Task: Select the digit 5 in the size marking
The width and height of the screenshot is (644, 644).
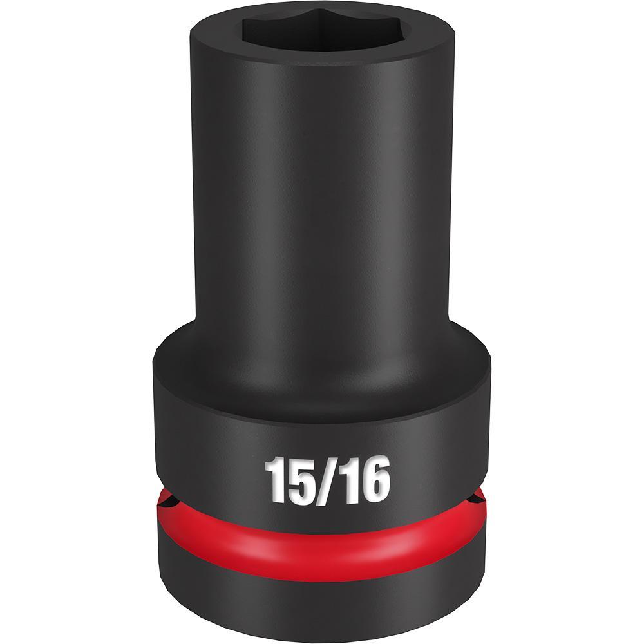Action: [297, 478]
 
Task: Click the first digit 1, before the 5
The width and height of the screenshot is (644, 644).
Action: [276, 478]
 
